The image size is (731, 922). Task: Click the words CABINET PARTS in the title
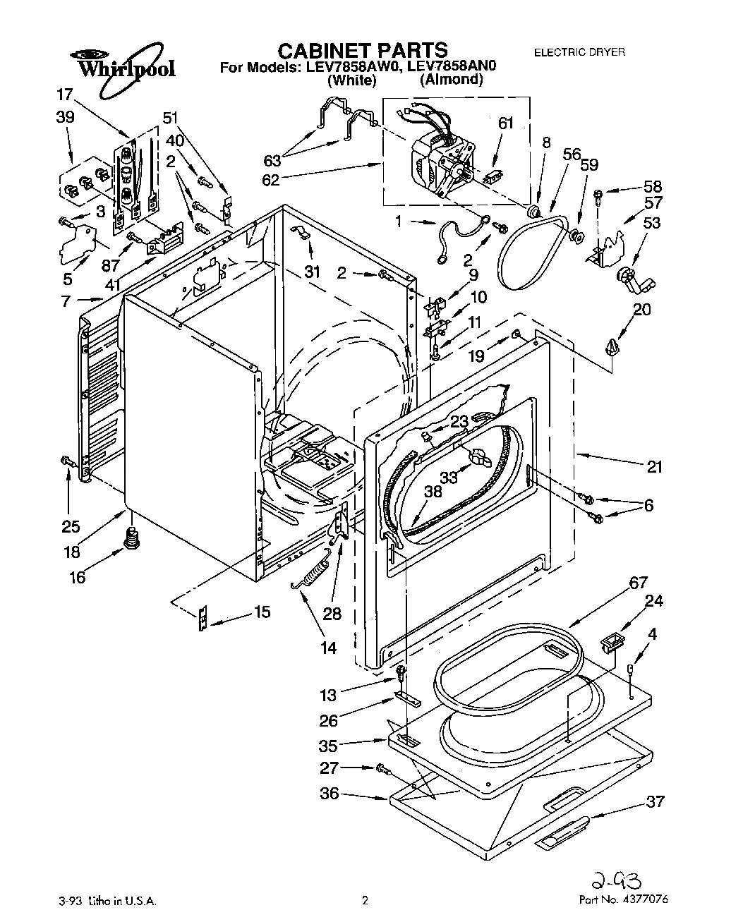point(362,50)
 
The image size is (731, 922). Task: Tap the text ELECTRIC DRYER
point(579,53)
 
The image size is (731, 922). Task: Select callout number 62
point(270,179)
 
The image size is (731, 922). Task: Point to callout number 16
point(77,578)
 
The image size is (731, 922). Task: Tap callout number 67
point(638,583)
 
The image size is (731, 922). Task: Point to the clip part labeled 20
point(612,346)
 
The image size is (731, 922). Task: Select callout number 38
point(433,492)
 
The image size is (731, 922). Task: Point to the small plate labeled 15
point(203,619)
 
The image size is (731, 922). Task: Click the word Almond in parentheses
point(452,79)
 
